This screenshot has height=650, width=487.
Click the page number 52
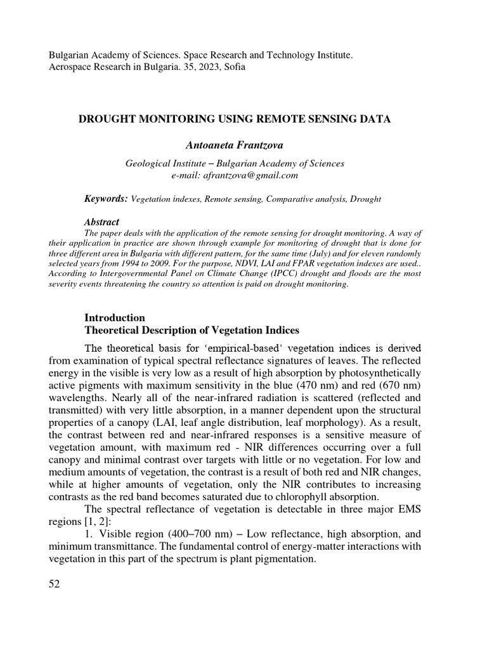click(54, 584)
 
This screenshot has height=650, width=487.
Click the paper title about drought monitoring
click(234, 119)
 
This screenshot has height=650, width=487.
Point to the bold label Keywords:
click(106, 199)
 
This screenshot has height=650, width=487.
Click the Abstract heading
click(101, 222)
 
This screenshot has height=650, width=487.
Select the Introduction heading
click(115, 317)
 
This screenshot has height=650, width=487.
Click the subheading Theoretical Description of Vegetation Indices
click(192, 331)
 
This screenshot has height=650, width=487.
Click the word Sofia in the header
click(233, 67)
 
